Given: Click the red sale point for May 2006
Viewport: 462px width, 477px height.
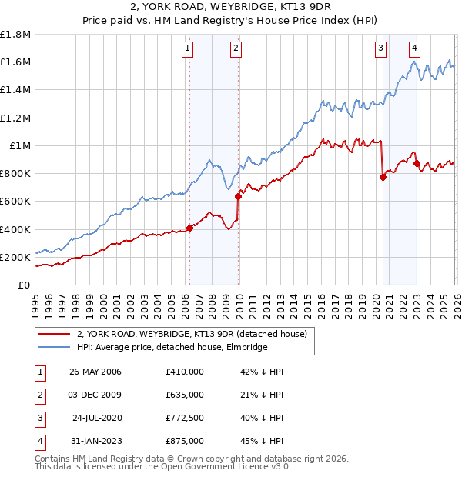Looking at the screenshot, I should click(x=189, y=228).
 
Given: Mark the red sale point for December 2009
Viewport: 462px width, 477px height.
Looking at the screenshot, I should click(x=238, y=196).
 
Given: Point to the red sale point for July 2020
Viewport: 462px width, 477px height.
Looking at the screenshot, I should click(x=383, y=177).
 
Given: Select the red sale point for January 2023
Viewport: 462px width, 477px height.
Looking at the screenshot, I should click(x=417, y=163).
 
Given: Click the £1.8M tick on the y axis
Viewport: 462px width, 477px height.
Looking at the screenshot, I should click(x=15, y=35).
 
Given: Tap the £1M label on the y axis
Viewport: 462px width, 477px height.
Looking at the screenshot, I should click(x=20, y=146).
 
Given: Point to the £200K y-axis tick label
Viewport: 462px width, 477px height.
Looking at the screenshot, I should click(x=15, y=258).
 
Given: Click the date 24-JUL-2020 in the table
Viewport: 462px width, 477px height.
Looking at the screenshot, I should click(x=96, y=418).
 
